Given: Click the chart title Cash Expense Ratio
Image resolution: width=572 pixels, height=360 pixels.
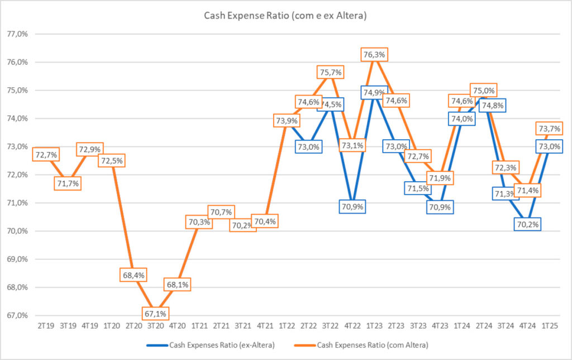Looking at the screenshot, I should click(x=285, y=16).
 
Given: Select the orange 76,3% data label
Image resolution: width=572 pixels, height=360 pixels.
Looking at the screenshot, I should click(x=374, y=55).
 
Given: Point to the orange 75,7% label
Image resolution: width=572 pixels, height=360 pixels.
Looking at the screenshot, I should click(x=330, y=72).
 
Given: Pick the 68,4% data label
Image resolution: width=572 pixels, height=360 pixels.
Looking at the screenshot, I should click(x=133, y=276).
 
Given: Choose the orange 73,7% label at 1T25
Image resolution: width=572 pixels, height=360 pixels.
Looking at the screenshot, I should click(x=550, y=128).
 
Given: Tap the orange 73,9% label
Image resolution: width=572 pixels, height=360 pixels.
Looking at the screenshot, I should click(x=287, y=120).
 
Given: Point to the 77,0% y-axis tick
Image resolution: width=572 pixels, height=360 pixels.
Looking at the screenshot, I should click(x=18, y=34).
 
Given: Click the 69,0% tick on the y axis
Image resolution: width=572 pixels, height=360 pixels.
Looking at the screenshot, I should click(x=18, y=259).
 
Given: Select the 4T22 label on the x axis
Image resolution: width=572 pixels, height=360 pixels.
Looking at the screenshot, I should click(x=352, y=324).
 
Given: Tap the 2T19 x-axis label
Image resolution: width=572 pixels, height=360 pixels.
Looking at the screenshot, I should click(x=46, y=324).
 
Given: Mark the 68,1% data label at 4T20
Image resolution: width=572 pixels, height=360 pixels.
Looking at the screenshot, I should click(x=177, y=285).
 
